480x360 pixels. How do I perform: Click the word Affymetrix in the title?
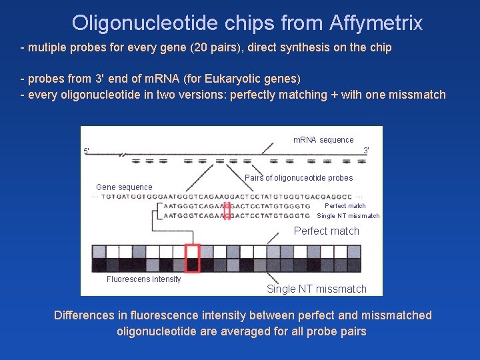pos(375,23)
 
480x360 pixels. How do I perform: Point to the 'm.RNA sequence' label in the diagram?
pos(323,140)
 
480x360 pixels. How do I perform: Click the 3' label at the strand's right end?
pos(366,151)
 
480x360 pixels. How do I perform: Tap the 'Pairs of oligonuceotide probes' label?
pos(299,178)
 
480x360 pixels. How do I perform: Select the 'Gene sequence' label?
pos(124,187)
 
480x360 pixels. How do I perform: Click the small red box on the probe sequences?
pos(227,211)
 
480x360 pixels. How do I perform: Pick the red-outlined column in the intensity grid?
pos(193,258)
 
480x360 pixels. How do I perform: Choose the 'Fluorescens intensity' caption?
pos(143,279)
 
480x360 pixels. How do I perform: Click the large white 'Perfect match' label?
pos(326,231)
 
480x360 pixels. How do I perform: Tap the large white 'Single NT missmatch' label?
pos(317,289)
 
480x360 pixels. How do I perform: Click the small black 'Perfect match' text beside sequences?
pos(345,206)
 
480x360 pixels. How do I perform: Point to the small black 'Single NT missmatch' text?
pos(347,216)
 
